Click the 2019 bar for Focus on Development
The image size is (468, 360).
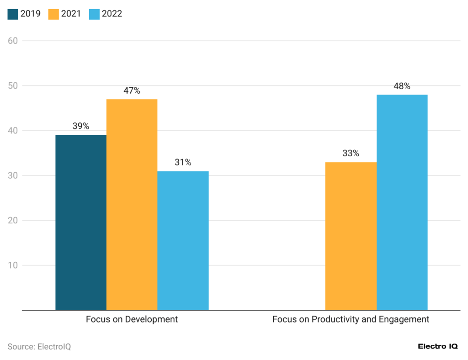pos(81,222)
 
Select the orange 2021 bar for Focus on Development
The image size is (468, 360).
pos(132,205)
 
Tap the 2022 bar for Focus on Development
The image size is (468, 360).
pos(183,241)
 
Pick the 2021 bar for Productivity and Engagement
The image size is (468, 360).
pos(351,236)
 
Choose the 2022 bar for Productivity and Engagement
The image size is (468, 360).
pos(402,202)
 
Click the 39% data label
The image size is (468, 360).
pos(80,127)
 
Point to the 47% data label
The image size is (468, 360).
pos(132,91)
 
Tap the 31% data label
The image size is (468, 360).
pos(183,163)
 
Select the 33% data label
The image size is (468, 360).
pos(351,154)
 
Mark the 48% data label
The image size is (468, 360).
pos(402,86)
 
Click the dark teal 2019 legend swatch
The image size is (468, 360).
pos(13,14)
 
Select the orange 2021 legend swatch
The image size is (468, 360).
pos(53,14)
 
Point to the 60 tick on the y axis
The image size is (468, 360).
pos(13,41)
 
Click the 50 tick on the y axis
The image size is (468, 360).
pos(13,86)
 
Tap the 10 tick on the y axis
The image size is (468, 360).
pos(13,265)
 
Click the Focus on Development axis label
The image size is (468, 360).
pos(132,319)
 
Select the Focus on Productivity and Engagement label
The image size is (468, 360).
pos(351,319)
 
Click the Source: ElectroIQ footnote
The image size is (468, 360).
pos(39,347)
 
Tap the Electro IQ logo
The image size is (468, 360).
pos(437,347)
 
